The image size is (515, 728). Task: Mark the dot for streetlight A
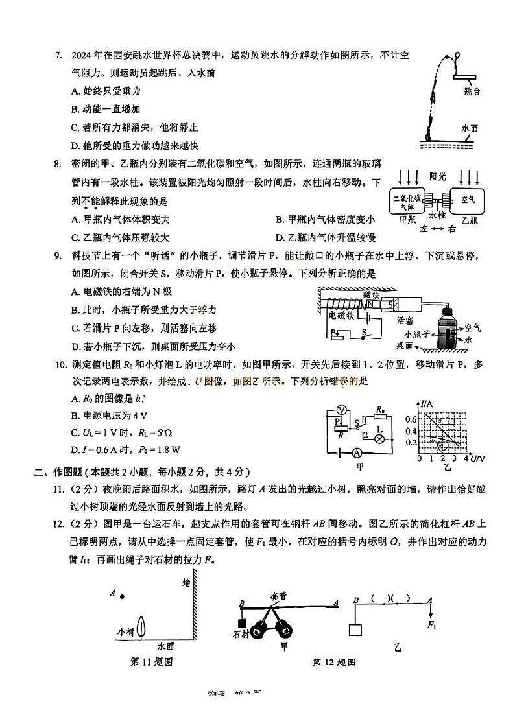tap(123, 596)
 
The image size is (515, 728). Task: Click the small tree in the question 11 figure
tap(144, 628)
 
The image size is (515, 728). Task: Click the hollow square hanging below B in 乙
tap(355, 629)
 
